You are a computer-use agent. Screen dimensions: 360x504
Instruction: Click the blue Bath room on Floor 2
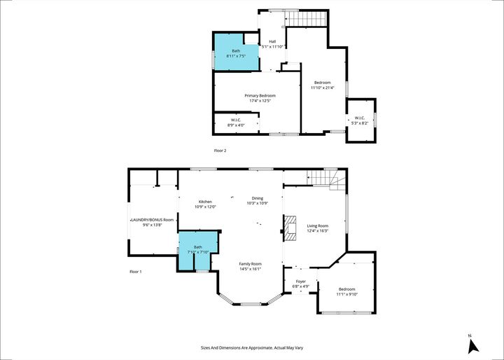pyautogui.click(x=235, y=53)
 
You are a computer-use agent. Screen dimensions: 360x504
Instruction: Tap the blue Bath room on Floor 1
pyautogui.click(x=198, y=249)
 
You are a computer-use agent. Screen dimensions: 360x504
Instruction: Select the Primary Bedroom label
pyautogui.click(x=260, y=98)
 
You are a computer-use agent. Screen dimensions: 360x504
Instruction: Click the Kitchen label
pyautogui.click(x=205, y=204)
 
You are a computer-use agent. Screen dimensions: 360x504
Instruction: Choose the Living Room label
pyautogui.click(x=317, y=228)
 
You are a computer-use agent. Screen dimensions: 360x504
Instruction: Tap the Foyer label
pyautogui.click(x=299, y=283)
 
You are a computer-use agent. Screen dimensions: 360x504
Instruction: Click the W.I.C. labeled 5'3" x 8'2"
pyautogui.click(x=360, y=120)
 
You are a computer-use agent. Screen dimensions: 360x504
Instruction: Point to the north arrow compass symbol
pyautogui.click(x=472, y=344)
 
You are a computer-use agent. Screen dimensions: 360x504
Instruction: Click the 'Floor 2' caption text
pyautogui.click(x=220, y=150)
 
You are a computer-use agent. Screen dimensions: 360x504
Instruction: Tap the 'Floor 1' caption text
pyautogui.click(x=136, y=272)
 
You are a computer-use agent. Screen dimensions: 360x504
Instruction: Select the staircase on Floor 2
pyautogui.click(x=308, y=19)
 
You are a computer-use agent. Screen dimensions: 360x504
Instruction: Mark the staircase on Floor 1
pyautogui.click(x=328, y=181)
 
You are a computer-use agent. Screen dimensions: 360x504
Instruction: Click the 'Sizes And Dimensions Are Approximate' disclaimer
pyautogui.click(x=251, y=347)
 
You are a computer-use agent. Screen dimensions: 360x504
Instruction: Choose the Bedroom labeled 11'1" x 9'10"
pyautogui.click(x=346, y=291)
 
